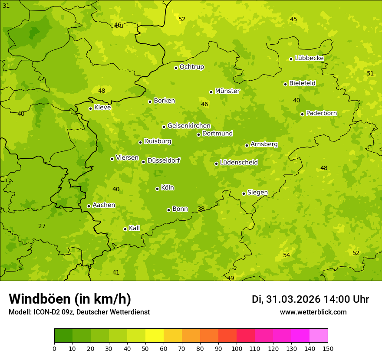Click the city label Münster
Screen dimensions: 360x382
pyautogui.click(x=227, y=91)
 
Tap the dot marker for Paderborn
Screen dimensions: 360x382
pyautogui.click(x=303, y=114)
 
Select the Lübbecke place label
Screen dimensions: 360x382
pyautogui.click(x=309, y=58)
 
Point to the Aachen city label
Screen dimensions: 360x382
pyautogui.click(x=104, y=205)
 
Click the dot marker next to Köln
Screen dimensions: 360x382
pyautogui.click(x=157, y=189)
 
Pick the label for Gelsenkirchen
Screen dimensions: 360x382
pyautogui.click(x=189, y=126)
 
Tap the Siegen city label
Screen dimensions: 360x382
pyautogui.click(x=257, y=193)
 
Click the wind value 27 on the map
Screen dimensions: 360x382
pyautogui.click(x=42, y=226)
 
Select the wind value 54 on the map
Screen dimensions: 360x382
pyautogui.click(x=286, y=255)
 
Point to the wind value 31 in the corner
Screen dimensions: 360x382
pyautogui.click(x=6, y=6)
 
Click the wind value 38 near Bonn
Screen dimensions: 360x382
pyautogui.click(x=201, y=209)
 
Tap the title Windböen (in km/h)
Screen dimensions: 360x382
pyautogui.click(x=70, y=299)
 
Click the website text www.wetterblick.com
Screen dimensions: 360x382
pyautogui.click(x=313, y=312)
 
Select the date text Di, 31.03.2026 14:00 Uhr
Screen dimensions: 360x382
pyautogui.click(x=310, y=299)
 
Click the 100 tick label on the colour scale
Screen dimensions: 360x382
pyautogui.click(x=237, y=348)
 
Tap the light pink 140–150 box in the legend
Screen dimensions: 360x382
pyautogui.click(x=319, y=336)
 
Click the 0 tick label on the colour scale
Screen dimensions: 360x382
pyautogui.click(x=54, y=348)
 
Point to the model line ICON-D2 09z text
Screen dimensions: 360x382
pyautogui.click(x=79, y=312)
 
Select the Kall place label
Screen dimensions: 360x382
pyautogui.click(x=135, y=228)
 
